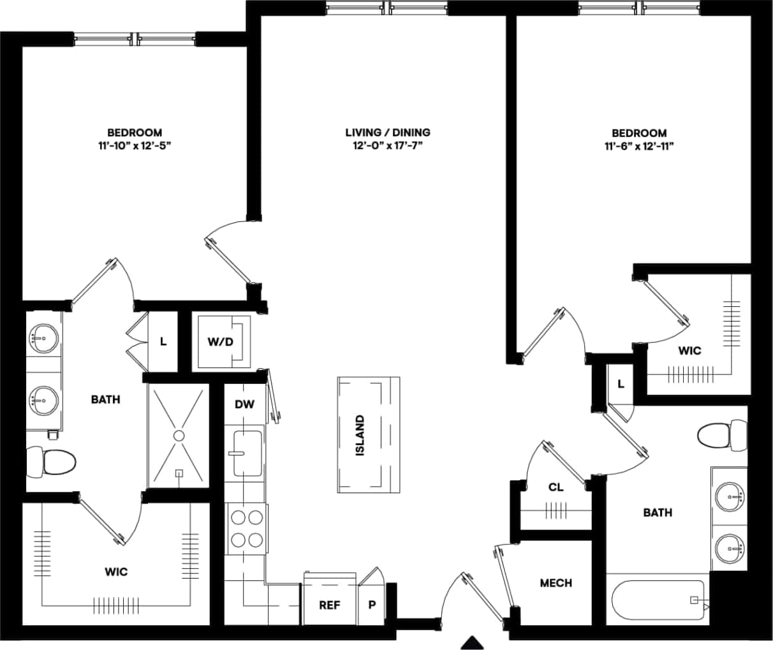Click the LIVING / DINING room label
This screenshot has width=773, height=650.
point(387,133)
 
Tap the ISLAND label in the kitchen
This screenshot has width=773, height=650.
point(360,435)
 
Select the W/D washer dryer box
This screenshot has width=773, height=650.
point(221,341)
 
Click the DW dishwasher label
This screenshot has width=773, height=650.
point(244,404)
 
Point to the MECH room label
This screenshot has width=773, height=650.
point(556,583)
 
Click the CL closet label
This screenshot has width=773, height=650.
point(556,487)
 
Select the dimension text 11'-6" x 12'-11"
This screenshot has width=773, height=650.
point(639,146)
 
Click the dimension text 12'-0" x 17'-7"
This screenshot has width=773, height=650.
point(387,146)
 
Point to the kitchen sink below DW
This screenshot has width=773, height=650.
point(248,454)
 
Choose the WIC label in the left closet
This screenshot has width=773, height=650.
point(116,572)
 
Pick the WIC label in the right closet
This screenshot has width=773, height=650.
point(689,350)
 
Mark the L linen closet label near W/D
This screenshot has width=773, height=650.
point(163,341)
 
